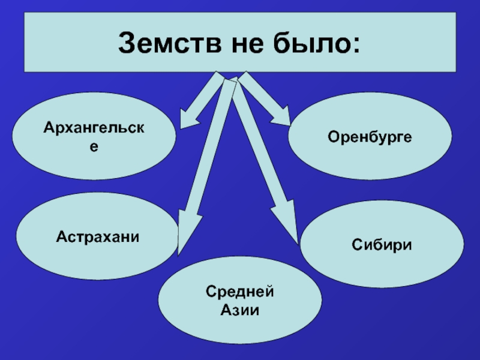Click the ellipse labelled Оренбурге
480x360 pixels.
[370, 136]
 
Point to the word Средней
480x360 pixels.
[240, 292]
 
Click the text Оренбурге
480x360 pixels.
[370, 137]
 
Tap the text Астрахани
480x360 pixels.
[98, 237]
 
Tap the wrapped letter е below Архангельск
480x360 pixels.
[94, 146]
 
